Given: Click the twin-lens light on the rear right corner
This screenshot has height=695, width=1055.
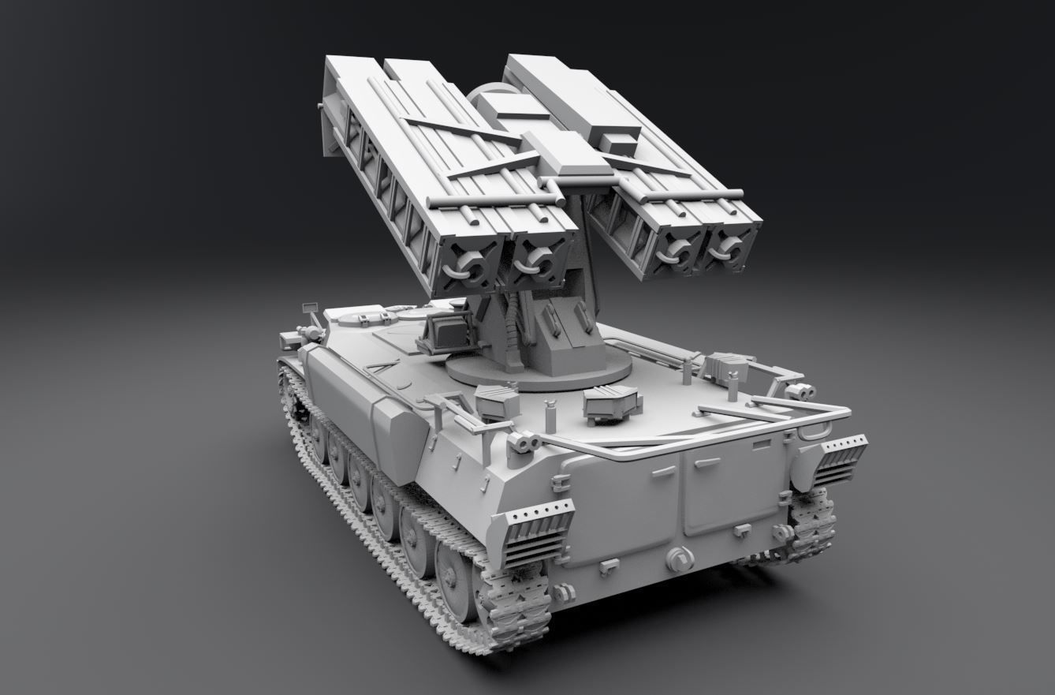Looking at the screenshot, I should click(801, 390).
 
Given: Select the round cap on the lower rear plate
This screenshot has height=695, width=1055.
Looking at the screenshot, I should click(679, 559).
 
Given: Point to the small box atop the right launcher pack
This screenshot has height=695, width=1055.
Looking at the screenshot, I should click(618, 141).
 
